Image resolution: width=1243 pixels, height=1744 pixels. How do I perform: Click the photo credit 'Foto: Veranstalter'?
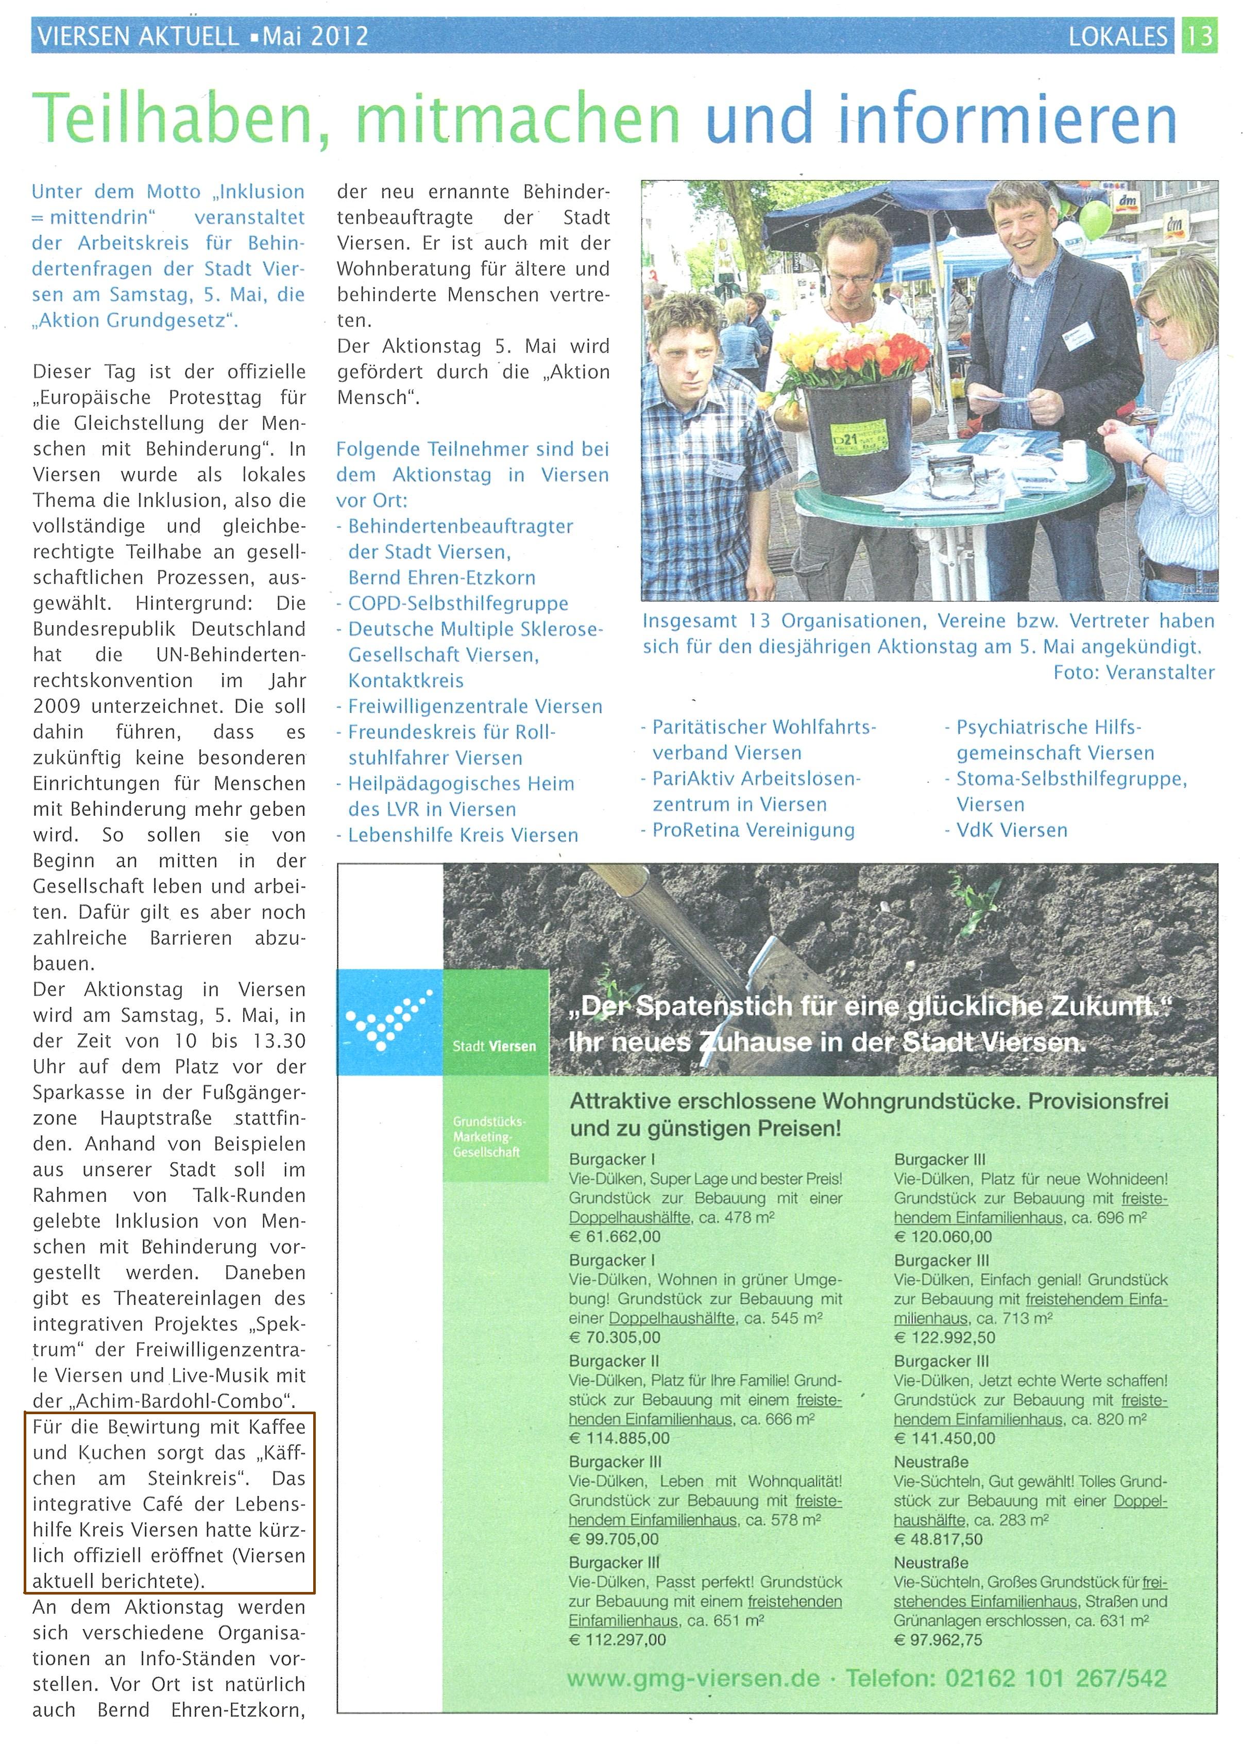[1134, 673]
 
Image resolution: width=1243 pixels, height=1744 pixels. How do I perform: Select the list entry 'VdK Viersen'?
[1011, 831]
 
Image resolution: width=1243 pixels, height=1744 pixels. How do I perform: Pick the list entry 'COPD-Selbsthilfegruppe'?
[458, 603]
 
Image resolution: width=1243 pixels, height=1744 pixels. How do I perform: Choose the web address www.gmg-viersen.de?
[693, 1679]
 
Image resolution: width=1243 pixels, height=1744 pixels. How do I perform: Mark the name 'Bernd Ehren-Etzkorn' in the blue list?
[441, 578]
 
